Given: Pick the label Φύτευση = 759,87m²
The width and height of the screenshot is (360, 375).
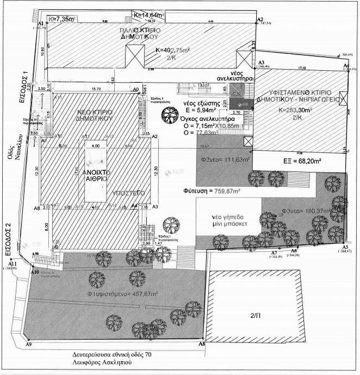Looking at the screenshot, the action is point(208,191).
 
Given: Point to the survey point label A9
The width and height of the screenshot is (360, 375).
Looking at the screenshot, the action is point(29,345).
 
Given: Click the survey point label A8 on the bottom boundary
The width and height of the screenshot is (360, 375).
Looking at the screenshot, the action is point(202,345).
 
